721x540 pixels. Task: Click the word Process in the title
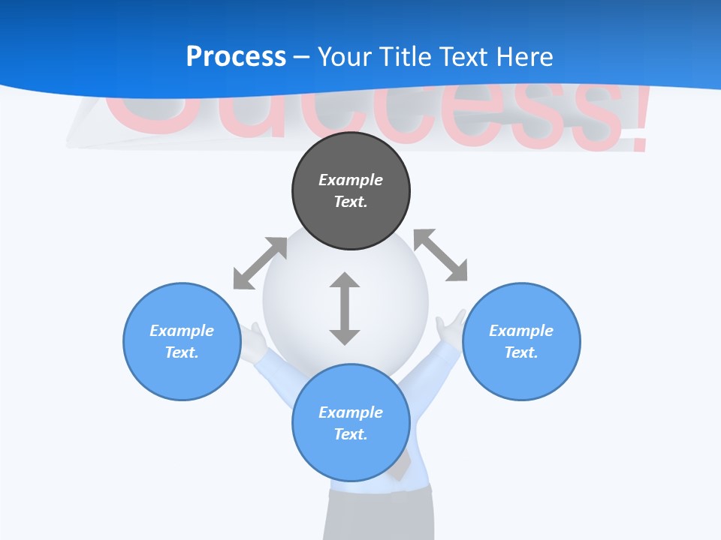pyautogui.click(x=236, y=57)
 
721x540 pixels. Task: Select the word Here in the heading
pyautogui.click(x=525, y=57)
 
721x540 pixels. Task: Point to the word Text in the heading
pyautogui.click(x=465, y=57)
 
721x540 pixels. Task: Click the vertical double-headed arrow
pyautogui.click(x=345, y=308)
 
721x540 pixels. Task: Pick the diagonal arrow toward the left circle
pyautogui.click(x=260, y=263)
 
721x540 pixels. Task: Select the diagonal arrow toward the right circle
pyautogui.click(x=440, y=255)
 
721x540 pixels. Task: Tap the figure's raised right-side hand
pyautogui.click(x=451, y=328)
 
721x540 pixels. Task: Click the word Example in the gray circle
pyautogui.click(x=351, y=180)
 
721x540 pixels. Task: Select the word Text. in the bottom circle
pyautogui.click(x=351, y=434)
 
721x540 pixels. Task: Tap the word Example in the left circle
pyautogui.click(x=182, y=331)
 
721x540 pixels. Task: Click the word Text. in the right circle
pyautogui.click(x=521, y=352)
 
